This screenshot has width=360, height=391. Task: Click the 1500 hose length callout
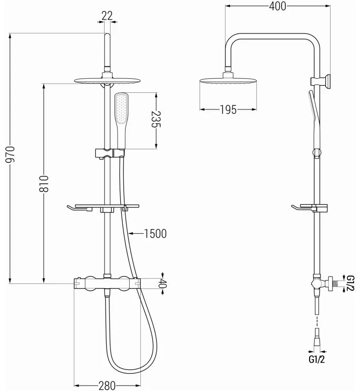click(x=155, y=234)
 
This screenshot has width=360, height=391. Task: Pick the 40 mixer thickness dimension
click(x=163, y=283)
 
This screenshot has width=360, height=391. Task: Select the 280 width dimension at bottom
click(x=107, y=386)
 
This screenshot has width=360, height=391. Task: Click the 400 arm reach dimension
click(x=277, y=6)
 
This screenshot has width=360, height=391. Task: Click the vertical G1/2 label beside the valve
click(x=350, y=283)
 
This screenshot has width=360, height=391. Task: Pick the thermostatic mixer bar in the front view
click(x=107, y=282)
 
